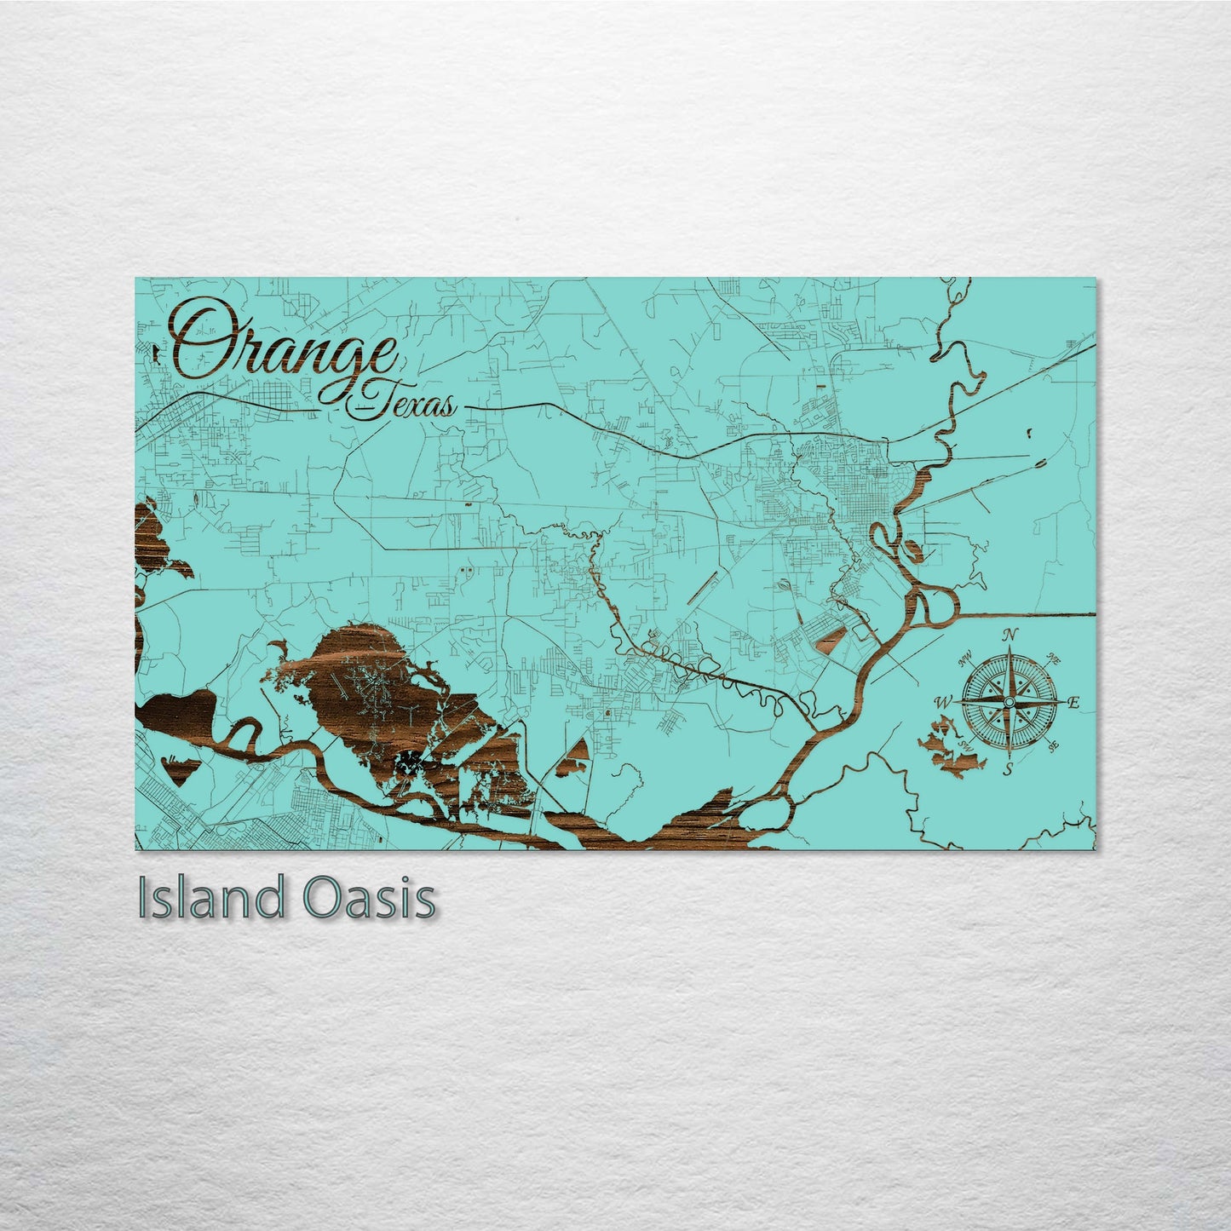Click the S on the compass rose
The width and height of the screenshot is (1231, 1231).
coord(1008,770)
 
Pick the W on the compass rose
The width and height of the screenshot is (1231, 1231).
coord(943,703)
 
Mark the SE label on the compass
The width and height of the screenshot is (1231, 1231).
coord(1053,746)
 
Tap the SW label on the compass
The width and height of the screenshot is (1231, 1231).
coord(965,745)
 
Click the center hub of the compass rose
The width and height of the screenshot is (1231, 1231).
coord(1009,701)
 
